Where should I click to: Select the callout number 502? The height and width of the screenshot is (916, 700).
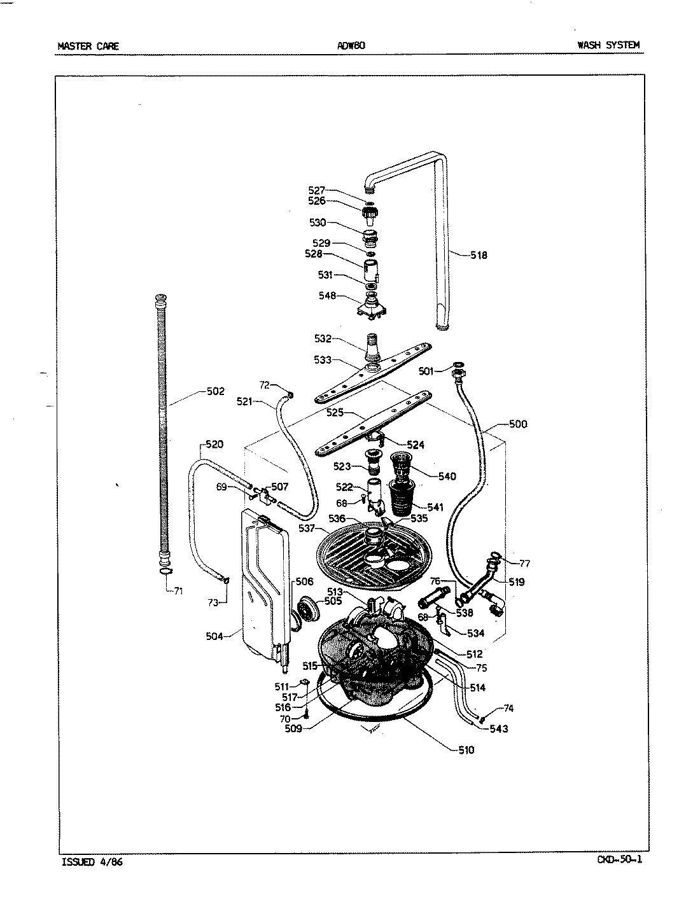coord(216,391)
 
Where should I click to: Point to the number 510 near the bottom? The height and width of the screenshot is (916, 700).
coord(466,750)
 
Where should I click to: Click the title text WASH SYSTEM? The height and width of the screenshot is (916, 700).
coord(608,45)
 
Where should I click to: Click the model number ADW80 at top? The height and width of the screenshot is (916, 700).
coord(350,46)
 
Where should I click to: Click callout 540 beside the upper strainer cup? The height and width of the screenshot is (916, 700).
coord(447,476)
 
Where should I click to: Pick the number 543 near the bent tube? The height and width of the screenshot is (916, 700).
coord(498,728)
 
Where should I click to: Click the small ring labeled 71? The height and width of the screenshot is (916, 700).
coord(164,572)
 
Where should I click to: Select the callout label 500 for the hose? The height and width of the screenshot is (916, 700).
coord(518,424)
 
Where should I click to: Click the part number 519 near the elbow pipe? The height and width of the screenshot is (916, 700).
coord(516,581)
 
